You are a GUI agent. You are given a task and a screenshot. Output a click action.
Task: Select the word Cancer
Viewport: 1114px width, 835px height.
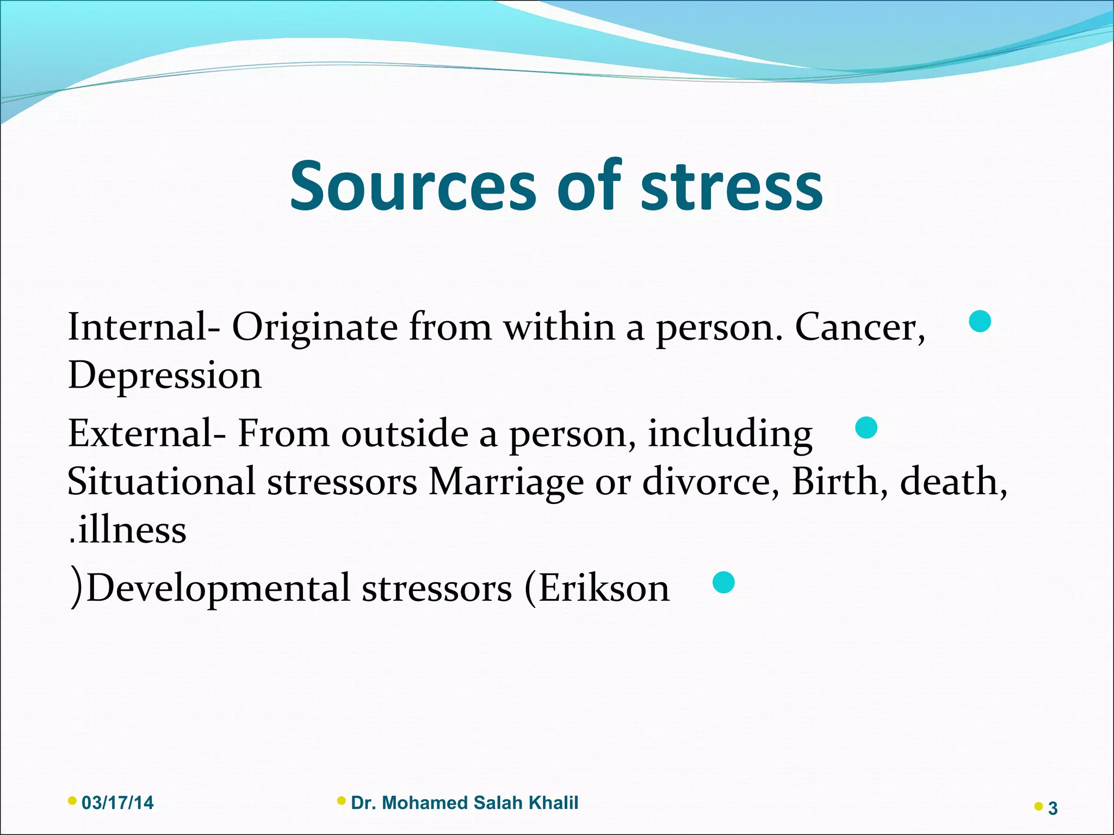click(859, 327)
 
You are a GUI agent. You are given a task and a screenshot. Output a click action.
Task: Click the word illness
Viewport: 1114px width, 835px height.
click(131, 531)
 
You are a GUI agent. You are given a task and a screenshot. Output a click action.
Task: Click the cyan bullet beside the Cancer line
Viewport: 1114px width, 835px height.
click(980, 321)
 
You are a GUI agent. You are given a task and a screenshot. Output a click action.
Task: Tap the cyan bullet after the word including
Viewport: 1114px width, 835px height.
click(866, 428)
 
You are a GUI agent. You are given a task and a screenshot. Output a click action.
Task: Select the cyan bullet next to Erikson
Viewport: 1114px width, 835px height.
click(723, 582)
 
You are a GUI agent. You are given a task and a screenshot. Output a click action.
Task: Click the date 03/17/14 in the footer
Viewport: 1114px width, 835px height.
click(117, 803)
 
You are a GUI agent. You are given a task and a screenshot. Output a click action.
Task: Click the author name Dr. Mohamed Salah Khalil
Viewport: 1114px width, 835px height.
click(465, 803)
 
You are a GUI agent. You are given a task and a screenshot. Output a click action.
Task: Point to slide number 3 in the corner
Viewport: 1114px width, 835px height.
click(1053, 809)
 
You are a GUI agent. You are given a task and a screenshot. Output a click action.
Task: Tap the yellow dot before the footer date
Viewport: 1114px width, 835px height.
click(72, 800)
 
